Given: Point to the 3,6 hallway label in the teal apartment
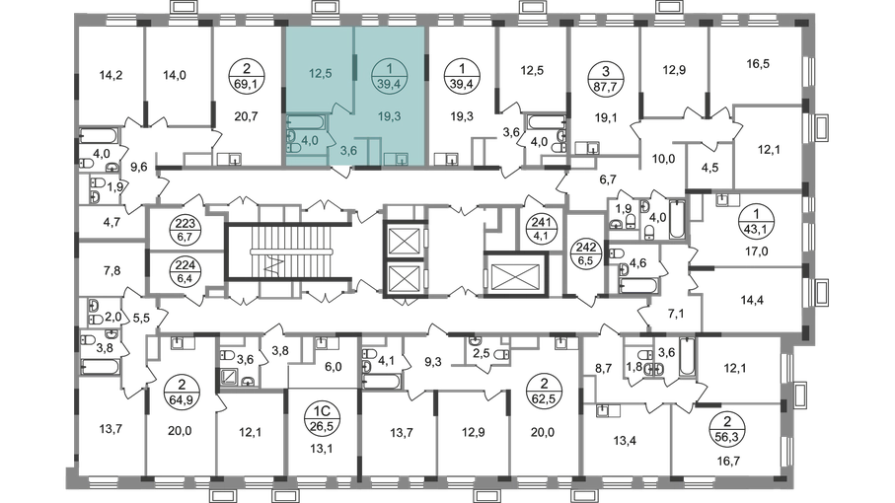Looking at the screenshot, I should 347,151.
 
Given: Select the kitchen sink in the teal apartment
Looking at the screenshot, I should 402,156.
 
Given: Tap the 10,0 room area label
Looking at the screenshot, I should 659,155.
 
